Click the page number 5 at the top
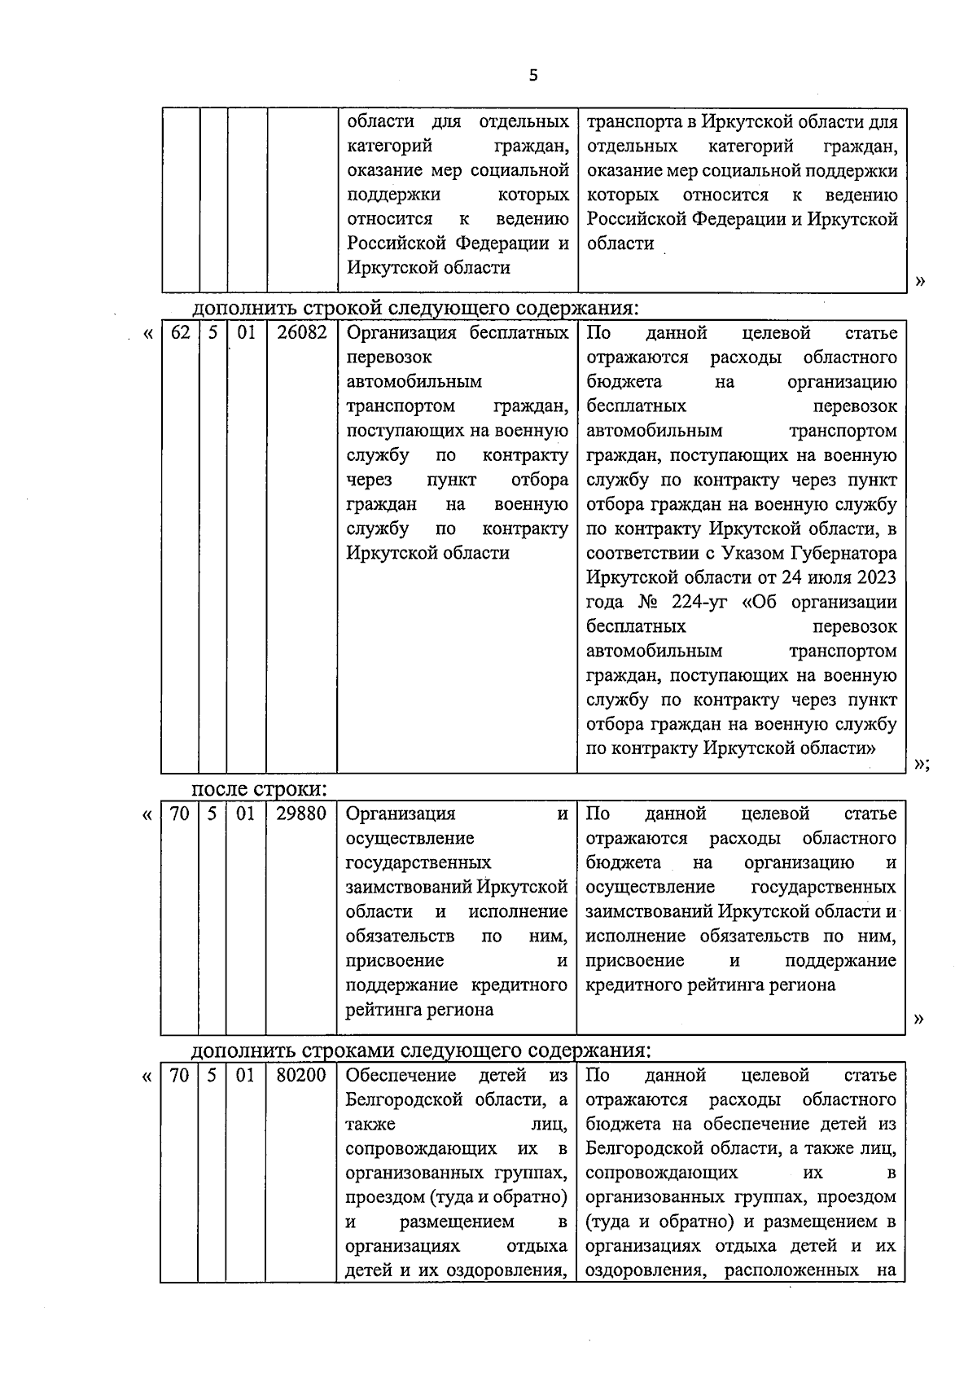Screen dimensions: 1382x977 [x=533, y=76]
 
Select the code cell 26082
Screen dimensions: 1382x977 [x=301, y=333]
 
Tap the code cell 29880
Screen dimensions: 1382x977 [x=301, y=814]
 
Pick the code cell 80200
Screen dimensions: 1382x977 [x=301, y=1075]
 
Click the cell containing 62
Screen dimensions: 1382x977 [x=180, y=333]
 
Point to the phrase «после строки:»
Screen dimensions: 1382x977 [x=259, y=789]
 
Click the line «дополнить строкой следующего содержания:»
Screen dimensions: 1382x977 [x=415, y=309]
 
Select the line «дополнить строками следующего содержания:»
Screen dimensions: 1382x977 [x=421, y=1050]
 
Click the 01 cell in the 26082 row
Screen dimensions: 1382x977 [x=246, y=333]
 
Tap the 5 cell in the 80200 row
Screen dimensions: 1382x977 [x=212, y=1075]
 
